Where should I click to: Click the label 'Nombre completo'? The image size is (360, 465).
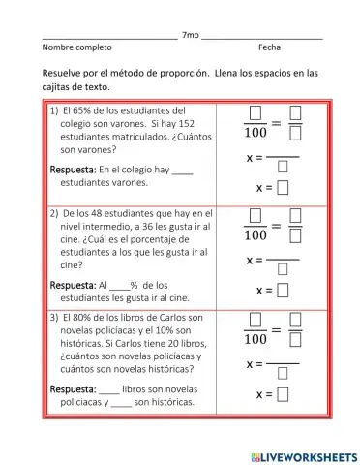(x=76, y=46)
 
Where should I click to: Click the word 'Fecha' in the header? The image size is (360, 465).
(x=270, y=46)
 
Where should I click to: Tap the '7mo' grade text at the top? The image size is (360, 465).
(x=190, y=35)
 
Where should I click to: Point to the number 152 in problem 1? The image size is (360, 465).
(x=187, y=124)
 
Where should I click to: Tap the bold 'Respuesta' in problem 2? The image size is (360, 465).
(x=73, y=285)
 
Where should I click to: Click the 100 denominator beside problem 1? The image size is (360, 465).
(x=255, y=132)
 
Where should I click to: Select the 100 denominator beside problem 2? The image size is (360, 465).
(x=255, y=235)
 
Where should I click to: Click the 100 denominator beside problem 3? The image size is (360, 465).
(x=255, y=340)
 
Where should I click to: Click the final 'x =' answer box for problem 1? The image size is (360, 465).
(x=284, y=187)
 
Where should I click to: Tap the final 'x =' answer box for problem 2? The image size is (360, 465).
(x=284, y=290)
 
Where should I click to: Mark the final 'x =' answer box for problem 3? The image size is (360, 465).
(x=284, y=393)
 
